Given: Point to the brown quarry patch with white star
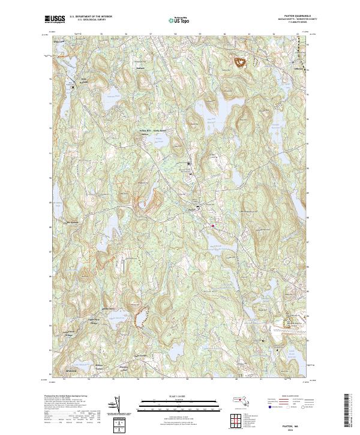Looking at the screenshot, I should point(241,62).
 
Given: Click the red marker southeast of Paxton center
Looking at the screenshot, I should point(213,226).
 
